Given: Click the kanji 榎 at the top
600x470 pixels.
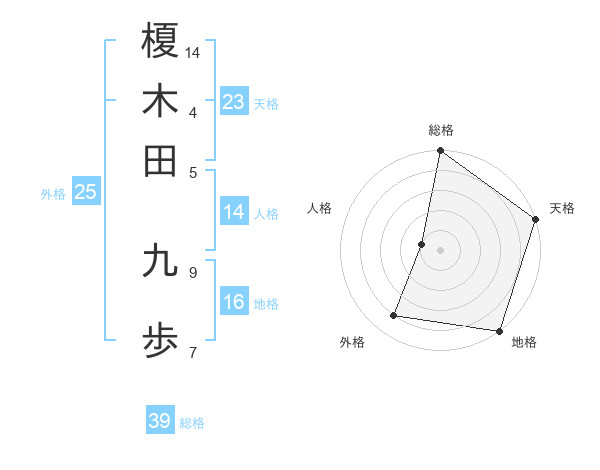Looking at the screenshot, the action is [x=160, y=41].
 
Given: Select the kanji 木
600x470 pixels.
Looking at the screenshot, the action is [x=160, y=101].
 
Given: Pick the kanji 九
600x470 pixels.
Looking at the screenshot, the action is [x=160, y=261].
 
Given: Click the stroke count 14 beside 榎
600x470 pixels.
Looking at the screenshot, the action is [x=193, y=51].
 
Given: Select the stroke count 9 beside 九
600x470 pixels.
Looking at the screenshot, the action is [x=193, y=271].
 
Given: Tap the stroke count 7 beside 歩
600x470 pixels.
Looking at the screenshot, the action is [x=193, y=351].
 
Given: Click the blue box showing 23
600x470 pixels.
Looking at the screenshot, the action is [x=234, y=102].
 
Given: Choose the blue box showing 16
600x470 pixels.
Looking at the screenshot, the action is [x=234, y=302].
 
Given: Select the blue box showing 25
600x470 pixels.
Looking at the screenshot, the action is [x=85, y=192].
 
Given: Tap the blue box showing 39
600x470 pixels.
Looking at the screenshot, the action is [x=160, y=421].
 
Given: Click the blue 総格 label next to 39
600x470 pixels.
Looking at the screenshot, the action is [x=192, y=423].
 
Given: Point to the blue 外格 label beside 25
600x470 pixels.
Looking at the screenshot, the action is [x=53, y=194].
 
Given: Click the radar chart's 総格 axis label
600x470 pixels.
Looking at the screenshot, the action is [x=440, y=130].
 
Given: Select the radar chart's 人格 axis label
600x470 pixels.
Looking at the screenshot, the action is [x=320, y=208].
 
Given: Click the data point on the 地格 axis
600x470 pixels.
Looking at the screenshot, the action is [x=498, y=330].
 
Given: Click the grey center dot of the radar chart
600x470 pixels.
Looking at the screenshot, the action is [x=440, y=249].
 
